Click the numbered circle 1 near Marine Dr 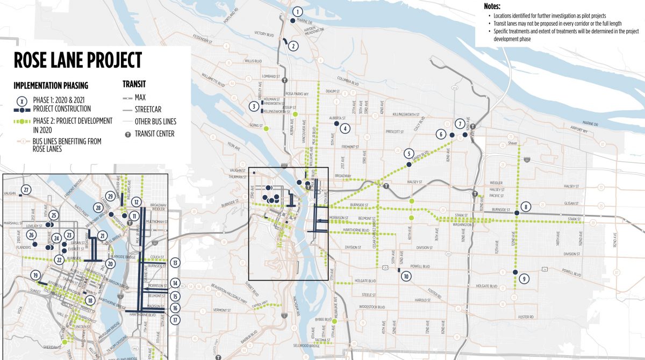click(297, 12)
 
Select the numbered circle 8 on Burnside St click(525, 206)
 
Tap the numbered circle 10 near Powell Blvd click(406, 276)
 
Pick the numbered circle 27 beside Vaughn click(26, 189)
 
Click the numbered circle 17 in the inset click(175, 320)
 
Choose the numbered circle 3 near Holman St click(253, 106)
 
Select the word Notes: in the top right click(492, 7)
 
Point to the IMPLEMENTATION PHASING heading click(51, 85)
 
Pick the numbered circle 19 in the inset click(35, 276)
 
